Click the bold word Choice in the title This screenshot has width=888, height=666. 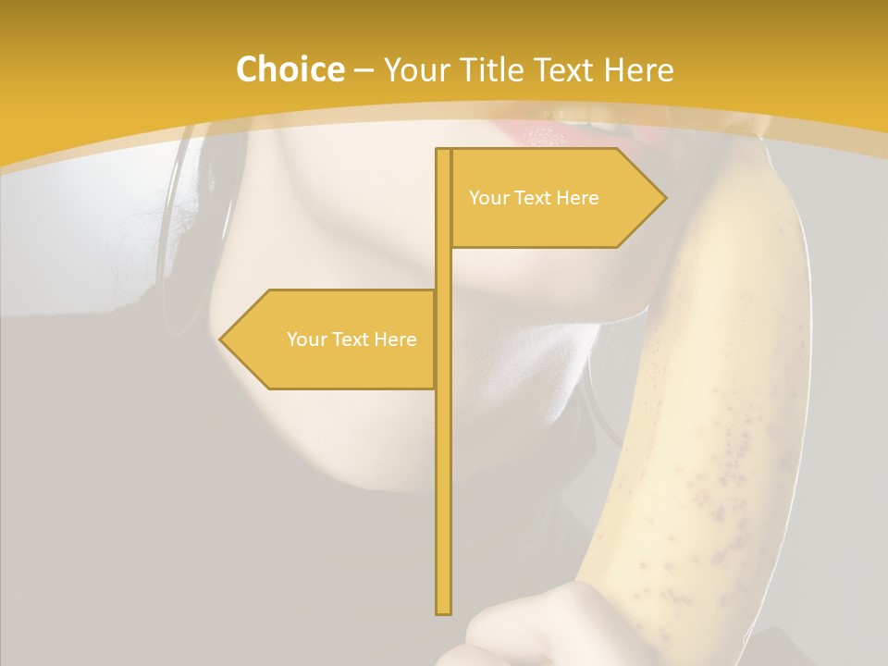[x=290, y=69]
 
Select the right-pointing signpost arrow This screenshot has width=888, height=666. [x=555, y=198]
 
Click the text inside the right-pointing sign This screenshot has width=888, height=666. [x=534, y=198]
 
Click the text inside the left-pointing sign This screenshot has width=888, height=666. [x=351, y=339]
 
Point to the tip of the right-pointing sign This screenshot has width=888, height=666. [x=663, y=198]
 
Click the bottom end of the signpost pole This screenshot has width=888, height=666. [x=444, y=611]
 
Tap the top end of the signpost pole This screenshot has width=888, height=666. [x=444, y=151]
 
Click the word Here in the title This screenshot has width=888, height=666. [x=639, y=69]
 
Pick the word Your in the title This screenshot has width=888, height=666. [x=415, y=69]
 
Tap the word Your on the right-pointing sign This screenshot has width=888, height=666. [x=487, y=198]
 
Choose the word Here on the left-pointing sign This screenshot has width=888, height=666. [x=395, y=339]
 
